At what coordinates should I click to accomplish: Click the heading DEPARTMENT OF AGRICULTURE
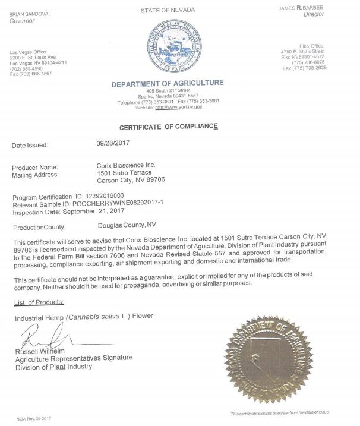click(x=168, y=84)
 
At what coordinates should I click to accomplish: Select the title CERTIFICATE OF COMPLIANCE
click(x=169, y=127)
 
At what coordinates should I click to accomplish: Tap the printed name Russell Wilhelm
click(x=43, y=351)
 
